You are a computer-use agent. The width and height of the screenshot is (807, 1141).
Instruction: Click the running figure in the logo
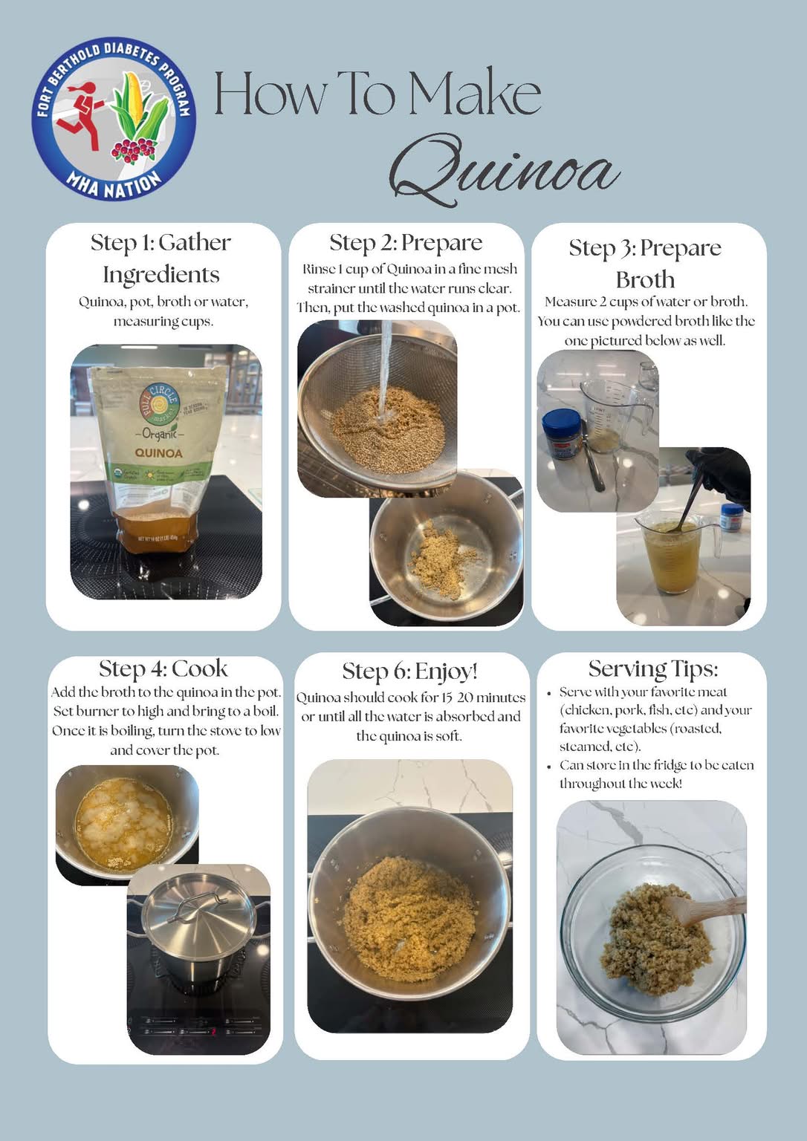tap(80, 114)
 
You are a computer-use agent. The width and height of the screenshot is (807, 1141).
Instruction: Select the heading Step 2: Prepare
tap(406, 243)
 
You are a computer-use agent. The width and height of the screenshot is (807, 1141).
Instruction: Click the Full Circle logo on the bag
tap(160, 404)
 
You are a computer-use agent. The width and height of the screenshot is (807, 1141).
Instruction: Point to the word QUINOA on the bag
tap(158, 453)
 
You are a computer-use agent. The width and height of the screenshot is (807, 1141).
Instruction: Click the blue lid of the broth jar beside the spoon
tap(562, 422)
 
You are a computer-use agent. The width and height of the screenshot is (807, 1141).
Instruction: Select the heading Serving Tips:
tap(653, 669)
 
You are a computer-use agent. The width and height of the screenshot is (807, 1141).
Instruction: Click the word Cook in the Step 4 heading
tap(200, 669)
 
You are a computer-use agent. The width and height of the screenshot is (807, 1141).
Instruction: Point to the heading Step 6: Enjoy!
tap(410, 672)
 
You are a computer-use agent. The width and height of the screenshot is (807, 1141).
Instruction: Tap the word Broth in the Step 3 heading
tap(646, 279)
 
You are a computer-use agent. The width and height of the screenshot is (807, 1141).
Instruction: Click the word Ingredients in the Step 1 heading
tap(161, 275)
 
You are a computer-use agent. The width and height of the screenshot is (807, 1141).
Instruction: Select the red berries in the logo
tap(134, 150)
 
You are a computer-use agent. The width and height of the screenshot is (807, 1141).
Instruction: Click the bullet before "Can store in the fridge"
tap(549, 766)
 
